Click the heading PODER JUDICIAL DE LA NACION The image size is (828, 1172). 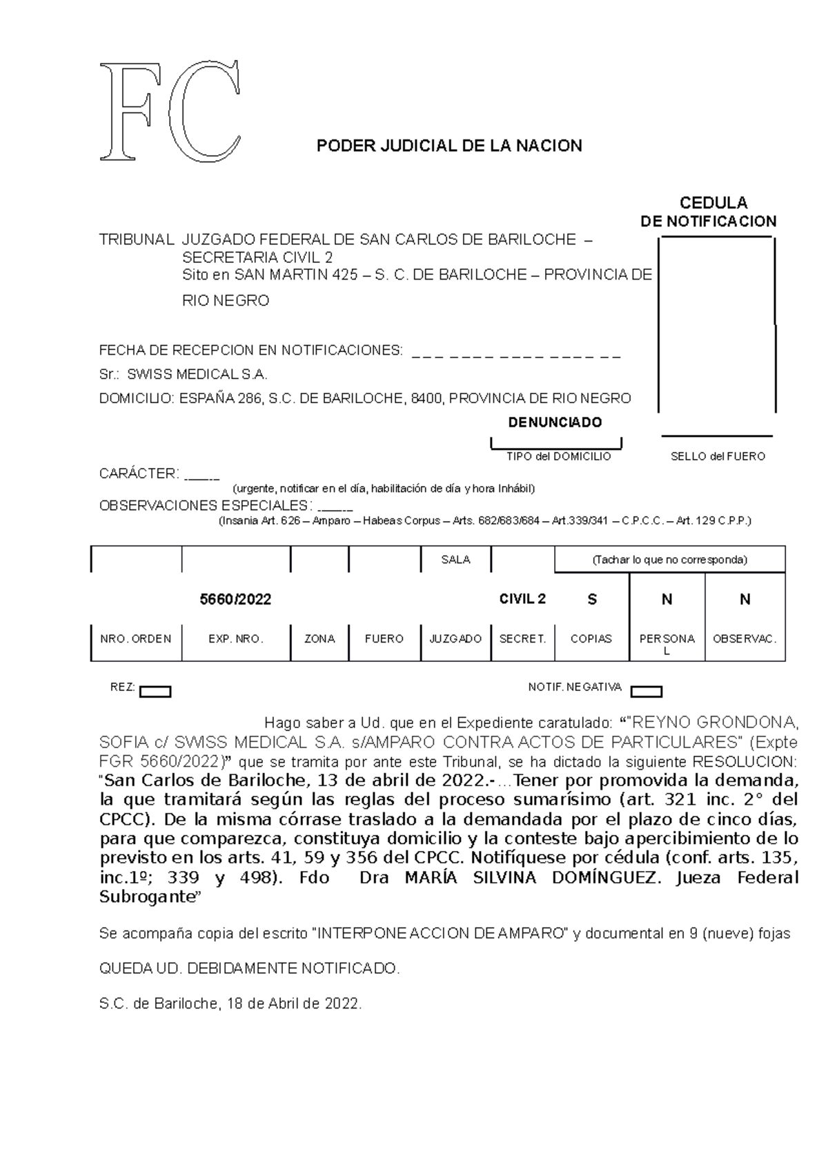pyautogui.click(x=448, y=146)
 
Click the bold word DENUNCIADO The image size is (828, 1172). pyautogui.click(x=555, y=422)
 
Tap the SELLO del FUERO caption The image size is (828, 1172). pyautogui.click(x=718, y=456)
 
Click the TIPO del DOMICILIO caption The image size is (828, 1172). pyautogui.click(x=558, y=456)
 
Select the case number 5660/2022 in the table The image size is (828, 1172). pyautogui.click(x=235, y=600)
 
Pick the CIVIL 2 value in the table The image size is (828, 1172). pyautogui.click(x=522, y=599)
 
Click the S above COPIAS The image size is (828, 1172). pyautogui.click(x=591, y=600)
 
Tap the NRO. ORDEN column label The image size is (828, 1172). pyautogui.click(x=136, y=639)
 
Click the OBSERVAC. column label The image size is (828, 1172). pyautogui.click(x=745, y=639)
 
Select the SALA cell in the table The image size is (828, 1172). pyautogui.click(x=455, y=560)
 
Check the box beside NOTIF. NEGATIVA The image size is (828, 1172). pyautogui.click(x=647, y=692)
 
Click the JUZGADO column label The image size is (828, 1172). pyautogui.click(x=455, y=639)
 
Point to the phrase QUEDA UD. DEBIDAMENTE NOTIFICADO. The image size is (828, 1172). pyautogui.click(x=250, y=968)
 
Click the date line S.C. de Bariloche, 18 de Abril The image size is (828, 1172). pyautogui.click(x=230, y=1004)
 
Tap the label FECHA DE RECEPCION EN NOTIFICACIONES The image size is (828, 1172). pyautogui.click(x=250, y=351)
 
